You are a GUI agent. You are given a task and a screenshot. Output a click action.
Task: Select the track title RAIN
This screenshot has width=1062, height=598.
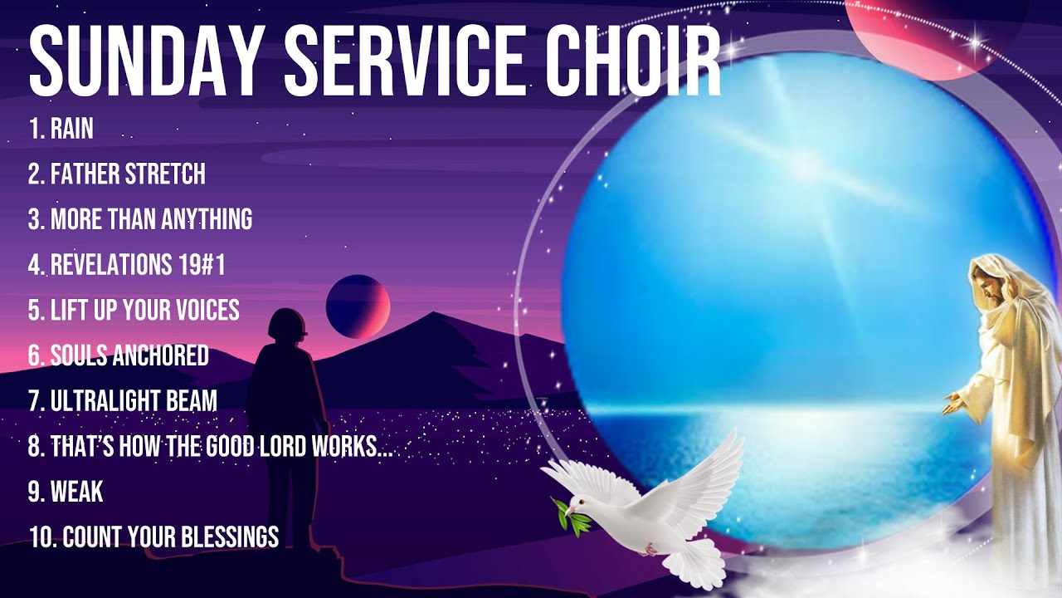click(x=71, y=129)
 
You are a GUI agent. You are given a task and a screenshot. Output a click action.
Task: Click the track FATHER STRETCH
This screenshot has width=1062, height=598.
click(x=128, y=174)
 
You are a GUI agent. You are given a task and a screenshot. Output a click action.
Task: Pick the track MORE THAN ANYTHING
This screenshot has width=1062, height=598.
click(x=151, y=219)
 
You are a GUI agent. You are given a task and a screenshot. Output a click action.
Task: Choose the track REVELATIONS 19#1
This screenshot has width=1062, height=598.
click(x=138, y=265)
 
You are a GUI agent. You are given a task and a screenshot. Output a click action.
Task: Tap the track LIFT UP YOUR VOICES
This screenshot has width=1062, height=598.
click(x=144, y=311)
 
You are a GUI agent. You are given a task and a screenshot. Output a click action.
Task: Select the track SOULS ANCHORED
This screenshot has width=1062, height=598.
click(x=129, y=355)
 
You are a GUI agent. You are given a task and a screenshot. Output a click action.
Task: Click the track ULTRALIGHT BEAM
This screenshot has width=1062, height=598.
click(x=134, y=401)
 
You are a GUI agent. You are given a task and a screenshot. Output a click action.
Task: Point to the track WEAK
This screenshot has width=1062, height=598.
click(x=76, y=492)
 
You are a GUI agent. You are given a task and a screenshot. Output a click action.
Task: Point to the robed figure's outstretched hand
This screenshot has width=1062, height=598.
click(x=954, y=404)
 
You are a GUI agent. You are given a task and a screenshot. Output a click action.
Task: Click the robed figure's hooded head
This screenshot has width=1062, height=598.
click(x=1001, y=287)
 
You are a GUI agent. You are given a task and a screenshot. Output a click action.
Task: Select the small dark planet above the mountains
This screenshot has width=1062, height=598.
click(x=358, y=305)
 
